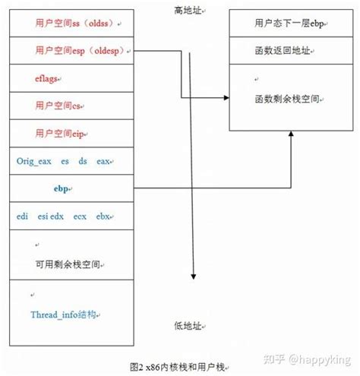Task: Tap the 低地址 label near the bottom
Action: coord(188,326)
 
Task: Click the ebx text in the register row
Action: coord(103,216)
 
